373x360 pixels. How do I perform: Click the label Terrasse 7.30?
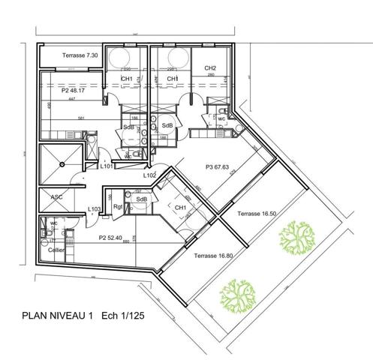pyautogui.click(x=80, y=56)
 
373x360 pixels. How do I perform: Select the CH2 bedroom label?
pyautogui.click(x=211, y=68)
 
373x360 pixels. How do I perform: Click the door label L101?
pyautogui.click(x=107, y=167)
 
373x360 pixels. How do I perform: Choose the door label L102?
pyautogui.click(x=150, y=175)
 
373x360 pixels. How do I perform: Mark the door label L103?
pyautogui.click(x=94, y=209)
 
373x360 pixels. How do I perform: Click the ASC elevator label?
pyautogui.click(x=56, y=197)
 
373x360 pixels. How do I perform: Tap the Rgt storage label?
pyautogui.click(x=117, y=208)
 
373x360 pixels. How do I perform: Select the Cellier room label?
pyautogui.click(x=56, y=250)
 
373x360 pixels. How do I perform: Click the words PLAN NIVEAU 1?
pyautogui.click(x=57, y=316)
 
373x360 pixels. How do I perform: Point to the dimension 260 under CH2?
pyautogui.click(x=211, y=75)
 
